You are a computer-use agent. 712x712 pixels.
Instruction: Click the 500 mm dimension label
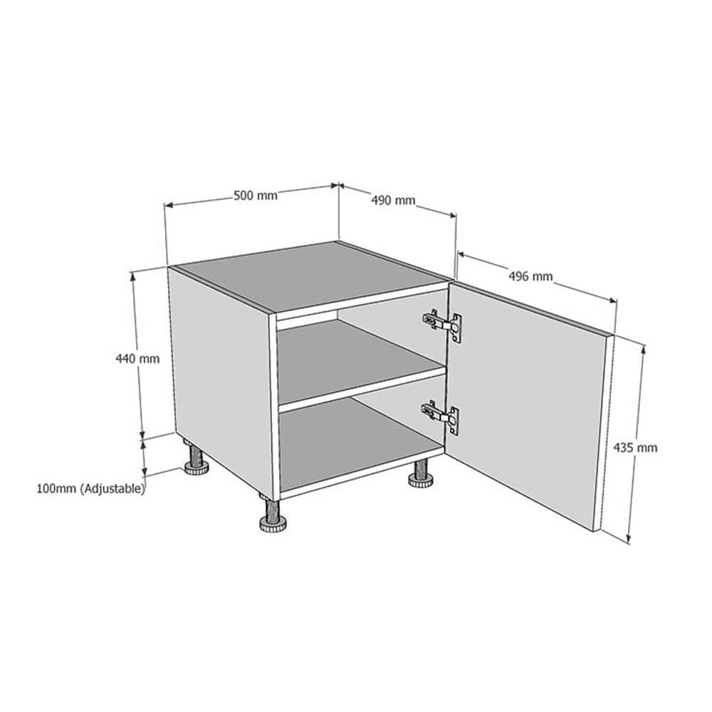pyautogui.click(x=256, y=196)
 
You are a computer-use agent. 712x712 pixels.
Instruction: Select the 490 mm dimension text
pyautogui.click(x=392, y=201)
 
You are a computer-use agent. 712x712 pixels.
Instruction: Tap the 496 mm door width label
pyautogui.click(x=530, y=276)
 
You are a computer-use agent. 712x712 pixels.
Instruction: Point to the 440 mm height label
pyautogui.click(x=137, y=359)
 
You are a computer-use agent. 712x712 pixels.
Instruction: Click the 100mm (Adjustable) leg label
pyautogui.click(x=91, y=489)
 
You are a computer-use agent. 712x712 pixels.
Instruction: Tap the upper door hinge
pyautogui.click(x=443, y=323)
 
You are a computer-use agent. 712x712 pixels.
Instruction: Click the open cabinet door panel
pyautogui.click(x=527, y=406)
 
